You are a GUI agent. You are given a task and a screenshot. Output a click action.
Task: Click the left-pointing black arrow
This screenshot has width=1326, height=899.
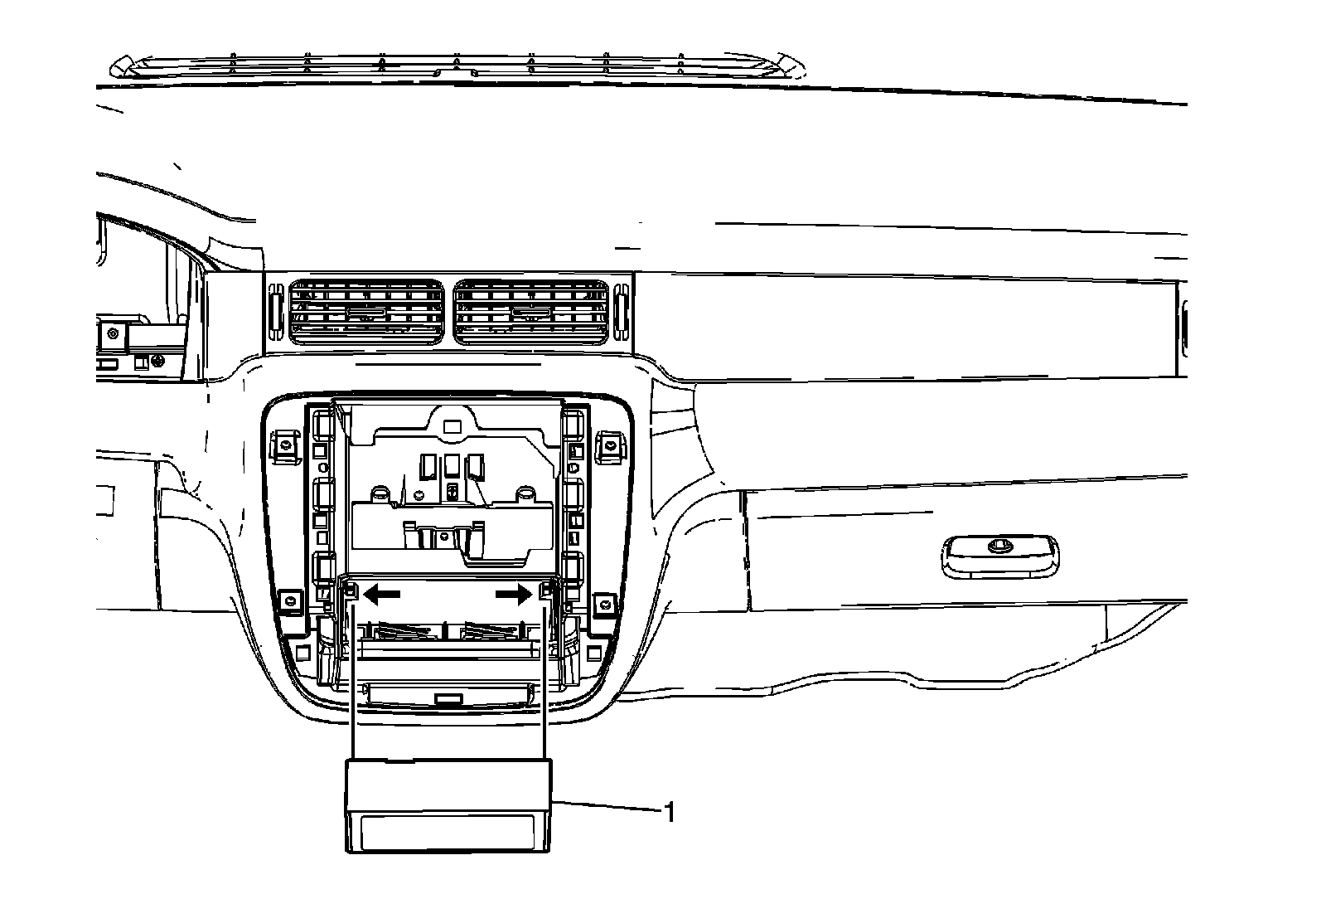tap(383, 594)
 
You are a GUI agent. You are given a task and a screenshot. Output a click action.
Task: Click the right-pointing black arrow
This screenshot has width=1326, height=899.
tap(514, 594)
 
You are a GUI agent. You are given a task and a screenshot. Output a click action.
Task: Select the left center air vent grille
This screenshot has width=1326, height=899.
tap(365, 313)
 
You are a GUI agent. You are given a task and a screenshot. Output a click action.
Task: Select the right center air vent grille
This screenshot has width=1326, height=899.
tap(530, 313)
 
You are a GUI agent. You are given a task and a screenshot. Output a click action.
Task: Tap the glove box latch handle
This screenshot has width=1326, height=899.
tap(1000, 554)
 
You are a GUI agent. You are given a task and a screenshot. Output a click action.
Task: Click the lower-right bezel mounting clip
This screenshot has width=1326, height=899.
tap(605, 600)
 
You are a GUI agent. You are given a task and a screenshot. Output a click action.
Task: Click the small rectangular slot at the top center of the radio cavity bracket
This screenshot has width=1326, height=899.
tap(451, 427)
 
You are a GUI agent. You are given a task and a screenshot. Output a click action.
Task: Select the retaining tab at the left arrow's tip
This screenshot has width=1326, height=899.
tap(351, 590)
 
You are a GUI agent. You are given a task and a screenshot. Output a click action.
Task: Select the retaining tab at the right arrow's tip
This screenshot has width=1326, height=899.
tap(546, 590)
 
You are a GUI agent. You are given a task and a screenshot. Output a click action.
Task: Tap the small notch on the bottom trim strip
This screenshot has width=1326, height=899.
tap(448, 699)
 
